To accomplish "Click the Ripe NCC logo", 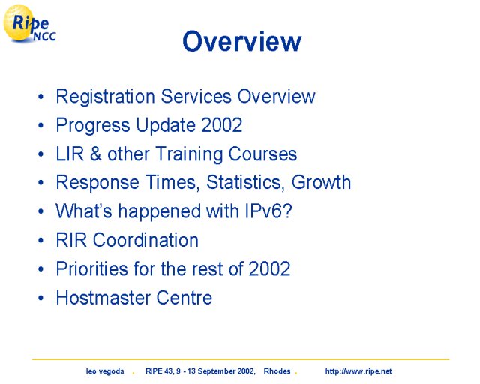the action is click(29, 24).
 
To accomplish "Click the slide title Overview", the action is click(241, 41).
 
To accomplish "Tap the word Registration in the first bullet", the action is click(106, 97).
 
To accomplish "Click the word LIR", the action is click(70, 154).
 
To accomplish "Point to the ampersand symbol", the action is click(95, 154).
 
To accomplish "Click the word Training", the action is click(190, 154).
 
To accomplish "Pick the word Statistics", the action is click(244, 182).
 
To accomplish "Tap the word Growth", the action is click(321, 182).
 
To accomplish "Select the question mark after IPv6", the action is click(287, 211).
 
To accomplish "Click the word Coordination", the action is click(145, 240).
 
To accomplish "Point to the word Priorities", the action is click(91, 268).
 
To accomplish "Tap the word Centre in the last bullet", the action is click(184, 298).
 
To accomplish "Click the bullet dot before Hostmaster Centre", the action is click(40, 298).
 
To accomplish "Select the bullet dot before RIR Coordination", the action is click(40, 241).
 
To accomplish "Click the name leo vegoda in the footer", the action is click(105, 371).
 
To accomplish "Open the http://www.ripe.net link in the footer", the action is click(358, 371).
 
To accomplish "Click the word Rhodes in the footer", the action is click(277, 371).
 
